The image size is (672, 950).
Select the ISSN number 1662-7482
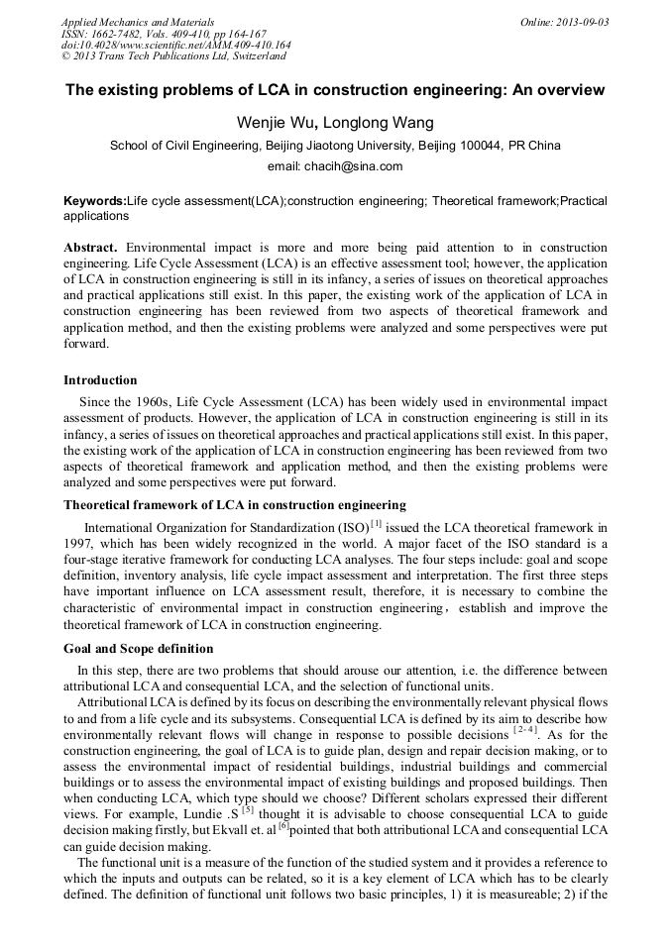click(x=119, y=34)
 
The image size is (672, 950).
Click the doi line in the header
click(x=175, y=46)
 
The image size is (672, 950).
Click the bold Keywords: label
click(x=95, y=201)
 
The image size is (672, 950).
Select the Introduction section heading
click(x=100, y=380)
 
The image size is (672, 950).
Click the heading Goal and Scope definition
click(x=138, y=649)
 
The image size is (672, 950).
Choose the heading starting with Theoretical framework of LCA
click(x=234, y=505)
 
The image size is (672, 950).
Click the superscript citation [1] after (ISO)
click(x=375, y=523)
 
